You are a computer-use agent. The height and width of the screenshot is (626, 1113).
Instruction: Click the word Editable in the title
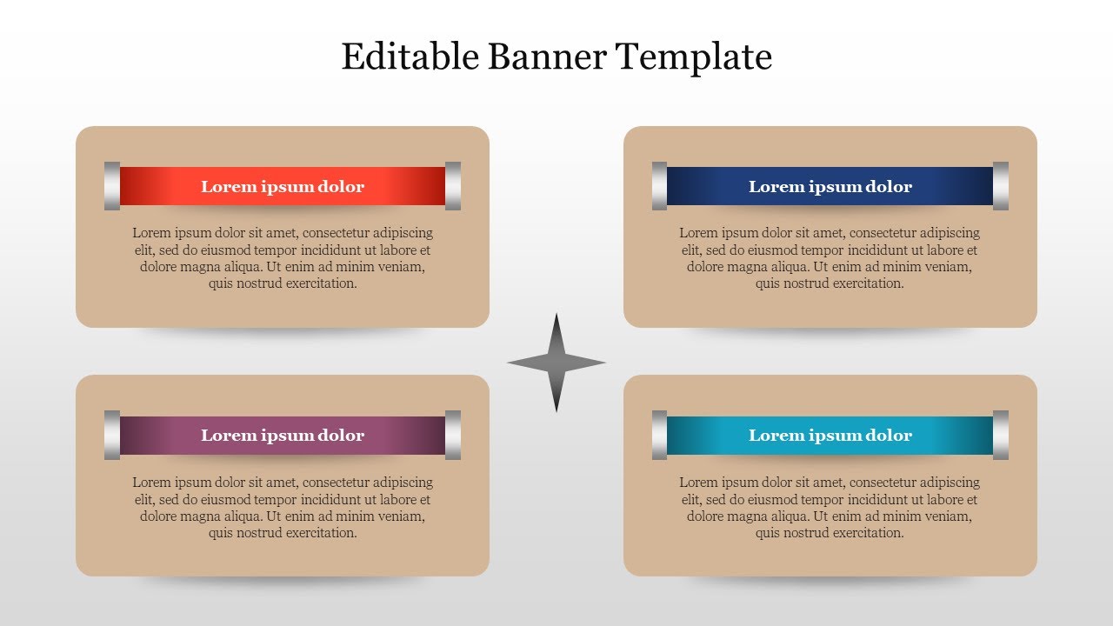(410, 57)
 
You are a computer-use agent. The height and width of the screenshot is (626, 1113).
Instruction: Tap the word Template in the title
(694, 57)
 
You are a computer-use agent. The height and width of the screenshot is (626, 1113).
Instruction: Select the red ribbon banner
(283, 186)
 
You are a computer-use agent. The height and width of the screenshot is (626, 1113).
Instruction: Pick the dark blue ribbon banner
(830, 186)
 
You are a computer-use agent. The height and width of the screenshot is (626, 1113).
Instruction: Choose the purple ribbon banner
(283, 435)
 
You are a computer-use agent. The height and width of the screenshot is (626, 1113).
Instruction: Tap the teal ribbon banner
(830, 435)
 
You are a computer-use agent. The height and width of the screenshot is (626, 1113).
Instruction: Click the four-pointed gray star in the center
(556, 363)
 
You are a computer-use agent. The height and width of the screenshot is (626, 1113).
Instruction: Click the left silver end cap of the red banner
(112, 186)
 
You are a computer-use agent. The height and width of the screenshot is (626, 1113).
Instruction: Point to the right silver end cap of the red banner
(453, 186)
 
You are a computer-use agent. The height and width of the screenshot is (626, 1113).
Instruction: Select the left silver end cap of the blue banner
(660, 186)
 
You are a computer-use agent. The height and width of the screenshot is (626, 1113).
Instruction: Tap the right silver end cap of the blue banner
(1001, 186)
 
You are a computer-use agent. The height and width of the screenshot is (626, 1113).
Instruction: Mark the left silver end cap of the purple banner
(112, 435)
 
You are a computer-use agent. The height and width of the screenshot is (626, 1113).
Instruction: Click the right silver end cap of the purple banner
(453, 435)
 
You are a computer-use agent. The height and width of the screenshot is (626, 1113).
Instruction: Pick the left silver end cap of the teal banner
(660, 435)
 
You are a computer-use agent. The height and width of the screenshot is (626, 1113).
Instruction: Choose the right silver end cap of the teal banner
(1001, 435)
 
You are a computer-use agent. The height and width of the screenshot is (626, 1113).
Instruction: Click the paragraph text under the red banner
(283, 258)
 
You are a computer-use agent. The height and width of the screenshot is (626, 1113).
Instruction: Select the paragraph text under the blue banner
(830, 258)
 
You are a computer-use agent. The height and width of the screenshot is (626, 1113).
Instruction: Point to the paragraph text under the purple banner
(283, 508)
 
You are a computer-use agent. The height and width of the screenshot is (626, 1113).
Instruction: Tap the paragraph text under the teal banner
(830, 508)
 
